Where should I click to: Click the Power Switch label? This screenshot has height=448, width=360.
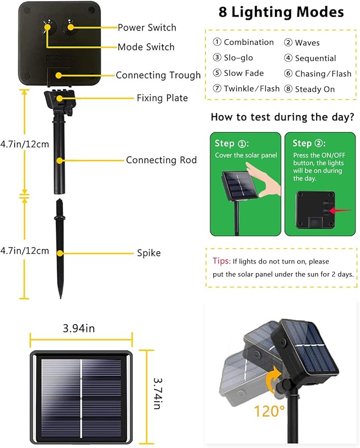[147, 28]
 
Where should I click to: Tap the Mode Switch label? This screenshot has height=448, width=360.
[146, 47]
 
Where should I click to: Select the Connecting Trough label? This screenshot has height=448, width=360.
[158, 75]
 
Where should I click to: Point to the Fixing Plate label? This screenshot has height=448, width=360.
[162, 98]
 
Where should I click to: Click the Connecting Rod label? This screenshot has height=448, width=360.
[161, 160]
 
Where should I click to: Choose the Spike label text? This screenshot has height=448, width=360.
[149, 253]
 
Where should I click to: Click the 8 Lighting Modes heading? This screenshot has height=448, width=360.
[281, 12]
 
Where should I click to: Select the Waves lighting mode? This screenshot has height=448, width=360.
[302, 43]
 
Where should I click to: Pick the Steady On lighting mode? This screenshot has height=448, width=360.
[309, 89]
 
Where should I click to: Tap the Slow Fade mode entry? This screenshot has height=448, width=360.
[238, 73]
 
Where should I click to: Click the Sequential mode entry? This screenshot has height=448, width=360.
[310, 58]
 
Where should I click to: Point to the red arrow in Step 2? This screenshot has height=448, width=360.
[340, 211]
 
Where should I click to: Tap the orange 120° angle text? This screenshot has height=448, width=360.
[269, 411]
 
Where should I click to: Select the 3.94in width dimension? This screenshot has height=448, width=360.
[79, 328]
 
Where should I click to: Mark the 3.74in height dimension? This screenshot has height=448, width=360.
[158, 393]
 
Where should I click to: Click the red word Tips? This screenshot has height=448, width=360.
[221, 261]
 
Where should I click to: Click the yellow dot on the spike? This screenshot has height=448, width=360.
[60, 253]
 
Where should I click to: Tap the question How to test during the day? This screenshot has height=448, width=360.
[282, 117]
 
